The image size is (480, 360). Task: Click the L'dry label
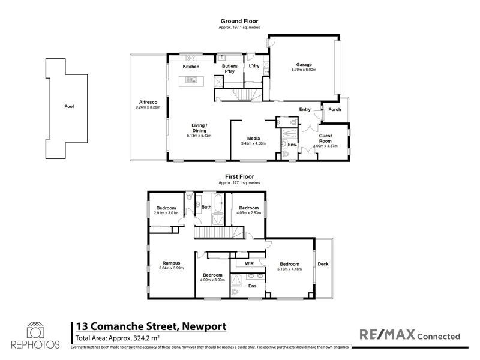(x=254, y=66)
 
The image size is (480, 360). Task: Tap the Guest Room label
(x=326, y=139)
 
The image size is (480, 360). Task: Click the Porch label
(x=334, y=109)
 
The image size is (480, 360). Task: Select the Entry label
(x=305, y=109)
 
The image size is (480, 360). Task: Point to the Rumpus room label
(x=172, y=262)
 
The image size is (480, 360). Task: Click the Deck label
(x=323, y=264)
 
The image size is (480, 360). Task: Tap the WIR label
(x=248, y=263)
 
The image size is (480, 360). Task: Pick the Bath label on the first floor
(x=206, y=208)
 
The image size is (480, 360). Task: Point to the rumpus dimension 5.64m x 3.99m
(x=172, y=268)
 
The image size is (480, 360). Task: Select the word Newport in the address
(x=202, y=326)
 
